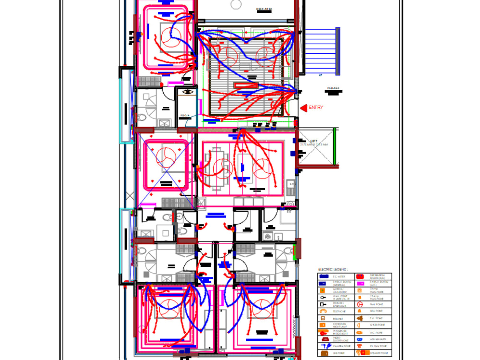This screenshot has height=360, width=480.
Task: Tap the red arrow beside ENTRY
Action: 303,108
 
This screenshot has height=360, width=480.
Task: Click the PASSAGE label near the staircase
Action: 333,88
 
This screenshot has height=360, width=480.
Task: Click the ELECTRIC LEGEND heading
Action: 333,270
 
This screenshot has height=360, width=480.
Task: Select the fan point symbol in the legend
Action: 359,304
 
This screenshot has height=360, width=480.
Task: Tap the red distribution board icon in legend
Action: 360,277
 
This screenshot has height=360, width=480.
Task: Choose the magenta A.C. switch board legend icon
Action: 360,284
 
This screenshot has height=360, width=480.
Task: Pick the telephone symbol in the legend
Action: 323,311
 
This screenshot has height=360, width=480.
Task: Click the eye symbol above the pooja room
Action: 187,91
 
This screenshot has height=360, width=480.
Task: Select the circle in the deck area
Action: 236,4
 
